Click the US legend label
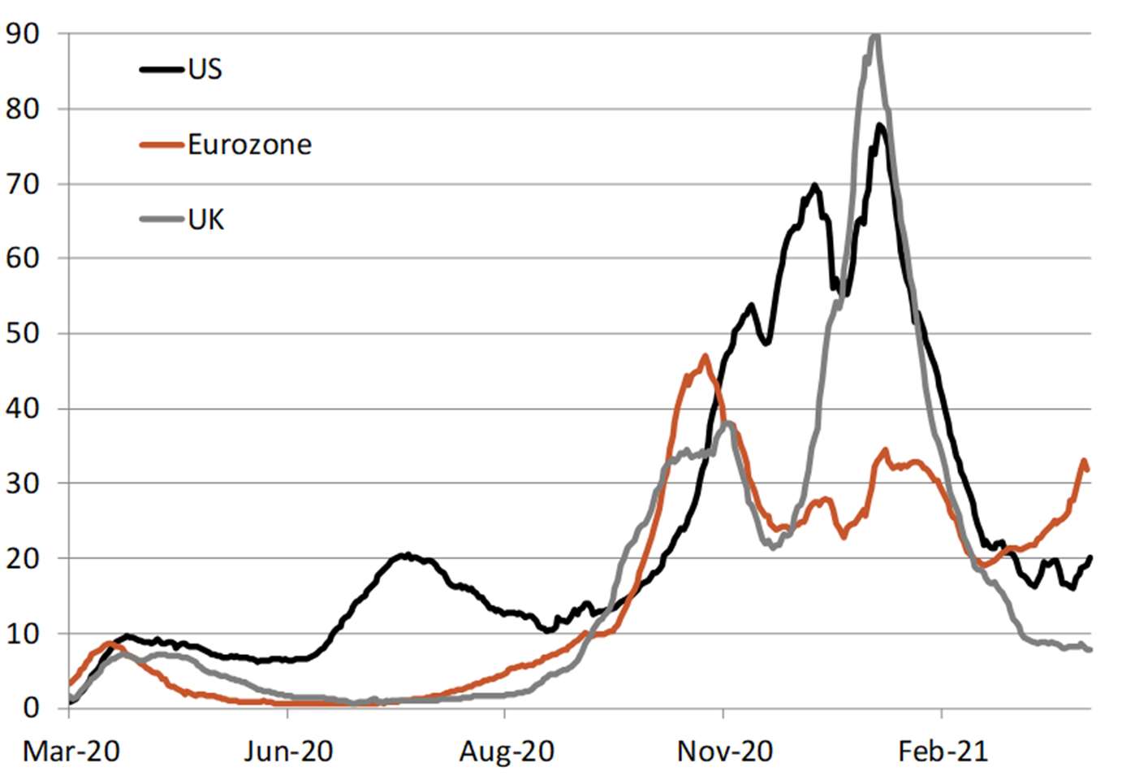pos(205,69)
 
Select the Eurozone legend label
pos(249,145)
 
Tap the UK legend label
pos(205,219)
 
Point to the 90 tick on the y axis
pos(22,33)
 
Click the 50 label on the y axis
pos(22,333)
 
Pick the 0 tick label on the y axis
pos(31,708)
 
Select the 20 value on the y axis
pos(22,558)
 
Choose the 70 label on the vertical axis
pos(22,184)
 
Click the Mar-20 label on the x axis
pos(71,752)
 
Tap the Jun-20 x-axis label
pos(288,752)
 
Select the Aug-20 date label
pos(506,752)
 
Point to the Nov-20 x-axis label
pos(724,752)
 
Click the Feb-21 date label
pos(943,752)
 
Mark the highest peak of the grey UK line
pos(874,36)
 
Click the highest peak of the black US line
pos(880,125)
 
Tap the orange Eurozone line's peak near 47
pos(705,356)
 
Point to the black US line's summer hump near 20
pos(404,555)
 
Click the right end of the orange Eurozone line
pos(1087,469)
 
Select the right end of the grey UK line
pos(1089,649)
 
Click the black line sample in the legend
pos(161,69)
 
